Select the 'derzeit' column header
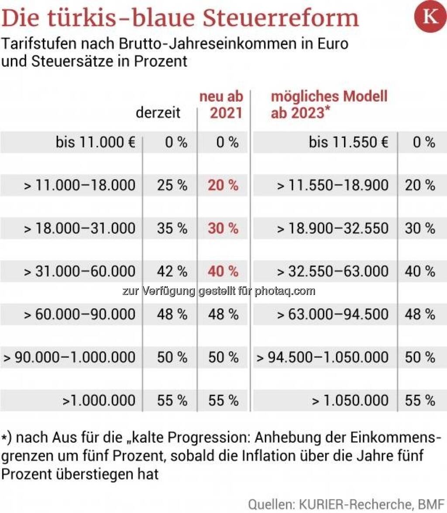[158, 113]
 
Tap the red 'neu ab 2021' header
[221, 105]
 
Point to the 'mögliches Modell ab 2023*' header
[329, 105]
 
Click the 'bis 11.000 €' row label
[96, 142]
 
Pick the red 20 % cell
[223, 185]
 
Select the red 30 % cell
[223, 228]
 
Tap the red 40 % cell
[223, 271]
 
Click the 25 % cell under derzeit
[172, 185]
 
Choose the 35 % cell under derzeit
[172, 228]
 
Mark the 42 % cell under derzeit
[172, 271]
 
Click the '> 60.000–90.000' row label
[79, 315]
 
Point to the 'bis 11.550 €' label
[348, 142]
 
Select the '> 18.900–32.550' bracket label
[333, 228]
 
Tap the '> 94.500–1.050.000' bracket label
[323, 357]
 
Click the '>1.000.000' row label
[99, 400]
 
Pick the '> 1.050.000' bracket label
[350, 400]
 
